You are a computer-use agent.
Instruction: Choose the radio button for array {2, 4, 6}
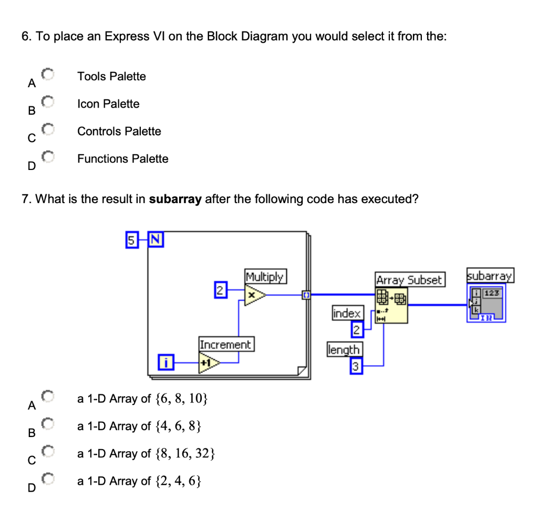coord(48,479)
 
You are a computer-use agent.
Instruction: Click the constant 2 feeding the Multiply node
coord(220,290)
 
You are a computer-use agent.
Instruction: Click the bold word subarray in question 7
coord(175,199)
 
